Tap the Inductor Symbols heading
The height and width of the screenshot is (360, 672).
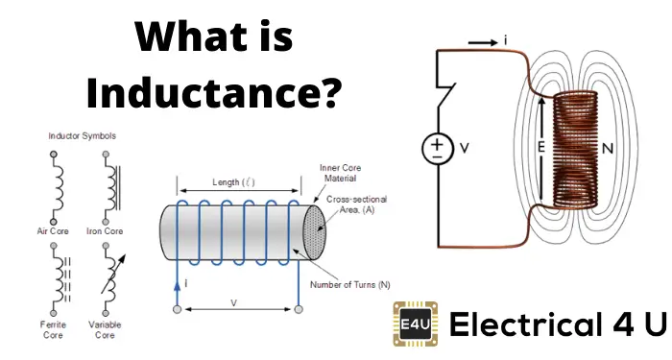pyautogui.click(x=82, y=136)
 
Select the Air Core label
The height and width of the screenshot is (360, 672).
pyautogui.click(x=53, y=231)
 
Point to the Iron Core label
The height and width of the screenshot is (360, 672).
pyautogui.click(x=105, y=231)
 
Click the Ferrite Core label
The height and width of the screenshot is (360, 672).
pyautogui.click(x=53, y=329)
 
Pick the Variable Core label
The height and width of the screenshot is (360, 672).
pyautogui.click(x=105, y=329)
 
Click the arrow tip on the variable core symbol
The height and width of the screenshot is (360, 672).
pyautogui.click(x=126, y=255)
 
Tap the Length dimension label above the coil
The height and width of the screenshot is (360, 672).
pyautogui.click(x=233, y=182)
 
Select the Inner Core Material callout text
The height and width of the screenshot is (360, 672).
pyautogui.click(x=340, y=173)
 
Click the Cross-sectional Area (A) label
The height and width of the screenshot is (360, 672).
pyautogui.click(x=356, y=204)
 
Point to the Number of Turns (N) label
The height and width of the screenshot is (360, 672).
pyautogui.click(x=350, y=285)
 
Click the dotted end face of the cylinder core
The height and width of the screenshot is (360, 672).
pyautogui.click(x=314, y=232)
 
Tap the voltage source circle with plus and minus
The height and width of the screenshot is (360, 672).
pyautogui.click(x=437, y=148)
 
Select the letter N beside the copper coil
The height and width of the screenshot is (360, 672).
pyautogui.click(x=608, y=149)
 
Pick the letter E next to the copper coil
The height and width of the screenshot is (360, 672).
pyautogui.click(x=540, y=148)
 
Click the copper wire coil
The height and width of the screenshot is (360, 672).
pyautogui.click(x=575, y=149)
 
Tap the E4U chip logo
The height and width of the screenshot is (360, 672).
pyautogui.click(x=416, y=324)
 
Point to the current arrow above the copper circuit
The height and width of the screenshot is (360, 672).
pyautogui.click(x=483, y=42)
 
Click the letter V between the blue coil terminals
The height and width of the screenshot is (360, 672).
pyautogui.click(x=233, y=303)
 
